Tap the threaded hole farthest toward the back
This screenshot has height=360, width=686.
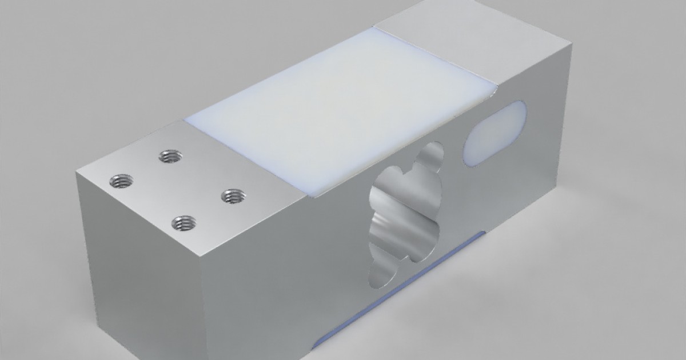170,155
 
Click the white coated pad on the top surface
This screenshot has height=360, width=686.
337,109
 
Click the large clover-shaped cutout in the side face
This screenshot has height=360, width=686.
406,214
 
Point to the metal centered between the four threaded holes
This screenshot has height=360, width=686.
176,189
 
